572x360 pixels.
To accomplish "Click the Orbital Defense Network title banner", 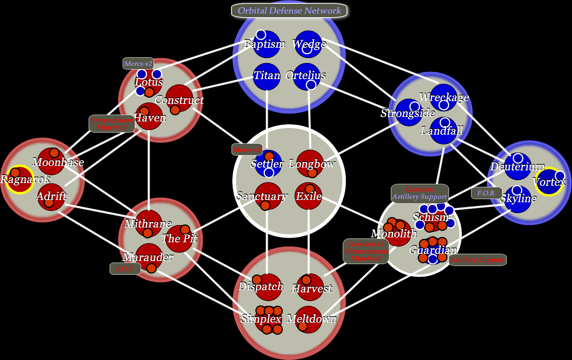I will tap(289, 11).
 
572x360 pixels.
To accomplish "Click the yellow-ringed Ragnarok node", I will tap(19, 180).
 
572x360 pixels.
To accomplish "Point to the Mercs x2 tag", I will tap(138, 63).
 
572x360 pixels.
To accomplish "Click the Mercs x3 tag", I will tap(247, 149).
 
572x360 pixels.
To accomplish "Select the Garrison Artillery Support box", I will tap(420, 193).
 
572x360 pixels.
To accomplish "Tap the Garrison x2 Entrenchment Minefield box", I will tap(366, 251).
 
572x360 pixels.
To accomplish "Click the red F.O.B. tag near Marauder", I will tap(125, 269).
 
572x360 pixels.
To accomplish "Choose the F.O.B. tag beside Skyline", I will tap(486, 193).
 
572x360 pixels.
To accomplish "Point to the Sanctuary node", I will tap(268, 196).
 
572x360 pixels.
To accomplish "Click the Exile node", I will tap(308, 196).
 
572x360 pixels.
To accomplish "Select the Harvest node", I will tap(310, 287).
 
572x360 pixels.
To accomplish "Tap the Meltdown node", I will tap(309, 319).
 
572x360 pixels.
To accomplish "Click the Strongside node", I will tap(408, 112).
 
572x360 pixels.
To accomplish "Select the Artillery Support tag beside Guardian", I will tap(477, 260).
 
